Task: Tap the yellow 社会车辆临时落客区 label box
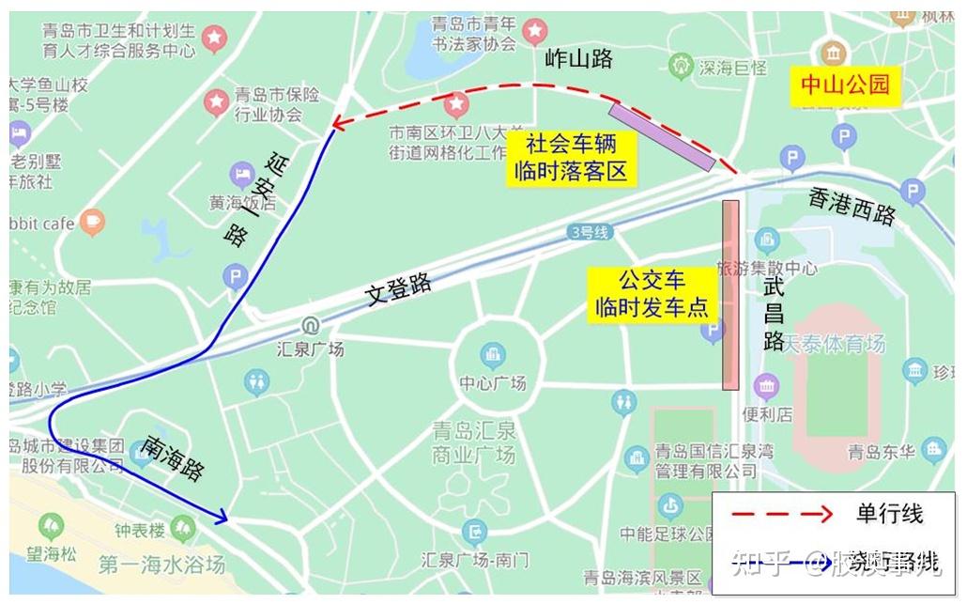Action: [x=570, y=158]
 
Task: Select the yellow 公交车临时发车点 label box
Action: [x=651, y=295]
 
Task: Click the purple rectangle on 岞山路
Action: [x=662, y=137]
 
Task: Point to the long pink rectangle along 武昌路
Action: [x=730, y=294]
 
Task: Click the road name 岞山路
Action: [x=578, y=59]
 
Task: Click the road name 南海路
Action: [x=175, y=458]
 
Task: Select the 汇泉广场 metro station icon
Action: [x=308, y=327]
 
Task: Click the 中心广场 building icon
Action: [x=493, y=355]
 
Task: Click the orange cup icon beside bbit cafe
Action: [x=92, y=223]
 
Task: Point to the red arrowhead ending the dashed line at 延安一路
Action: [x=337, y=123]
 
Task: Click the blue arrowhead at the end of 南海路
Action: [x=222, y=516]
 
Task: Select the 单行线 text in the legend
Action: [x=889, y=514]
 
